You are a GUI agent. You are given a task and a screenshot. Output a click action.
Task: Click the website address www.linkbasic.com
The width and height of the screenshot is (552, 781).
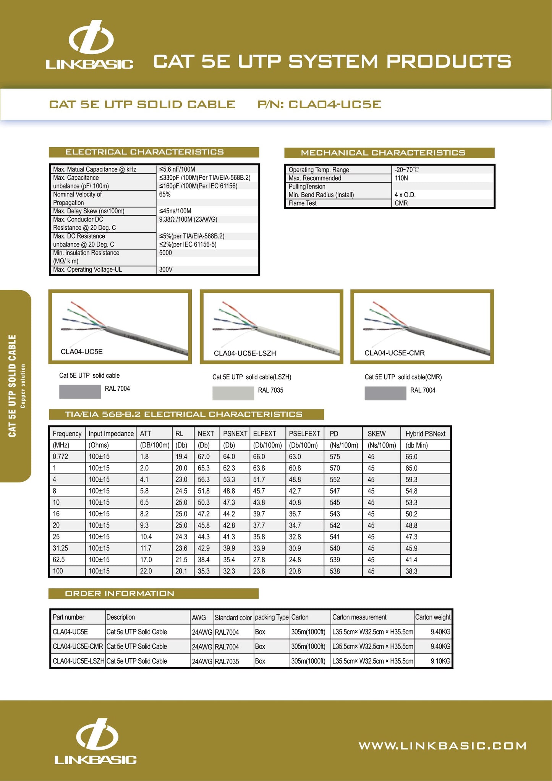(x=442, y=746)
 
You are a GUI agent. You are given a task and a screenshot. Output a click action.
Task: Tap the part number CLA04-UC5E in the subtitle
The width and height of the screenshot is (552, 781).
(x=335, y=104)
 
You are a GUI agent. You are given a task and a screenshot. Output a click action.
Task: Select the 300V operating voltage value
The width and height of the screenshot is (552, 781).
(x=166, y=270)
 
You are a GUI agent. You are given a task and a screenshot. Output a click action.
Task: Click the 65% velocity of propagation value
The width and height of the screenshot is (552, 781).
(x=165, y=194)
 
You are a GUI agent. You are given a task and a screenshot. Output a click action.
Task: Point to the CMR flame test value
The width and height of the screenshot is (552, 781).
(x=401, y=203)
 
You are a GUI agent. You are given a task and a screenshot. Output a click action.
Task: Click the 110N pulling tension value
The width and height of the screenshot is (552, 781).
(x=401, y=178)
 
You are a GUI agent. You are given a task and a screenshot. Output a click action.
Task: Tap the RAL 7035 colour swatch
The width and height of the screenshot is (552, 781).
(x=233, y=393)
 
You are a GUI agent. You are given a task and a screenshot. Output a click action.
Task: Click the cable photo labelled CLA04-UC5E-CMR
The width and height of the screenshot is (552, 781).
(x=422, y=327)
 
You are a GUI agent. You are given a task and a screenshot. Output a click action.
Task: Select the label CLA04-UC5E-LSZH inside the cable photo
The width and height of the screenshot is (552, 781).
(x=245, y=353)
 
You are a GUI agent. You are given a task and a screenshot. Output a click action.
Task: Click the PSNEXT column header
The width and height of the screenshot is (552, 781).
(x=235, y=434)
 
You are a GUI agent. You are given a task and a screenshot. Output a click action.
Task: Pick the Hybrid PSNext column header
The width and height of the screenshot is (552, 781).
(x=425, y=434)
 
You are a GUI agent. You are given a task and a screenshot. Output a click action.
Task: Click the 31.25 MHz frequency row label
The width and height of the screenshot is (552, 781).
(x=60, y=548)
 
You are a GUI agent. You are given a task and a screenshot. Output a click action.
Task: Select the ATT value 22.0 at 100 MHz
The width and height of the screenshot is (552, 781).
(x=146, y=571)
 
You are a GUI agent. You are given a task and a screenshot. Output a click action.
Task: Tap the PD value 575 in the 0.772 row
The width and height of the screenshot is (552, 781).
(x=335, y=456)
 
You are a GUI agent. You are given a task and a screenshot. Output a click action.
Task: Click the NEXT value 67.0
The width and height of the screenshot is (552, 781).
(x=204, y=456)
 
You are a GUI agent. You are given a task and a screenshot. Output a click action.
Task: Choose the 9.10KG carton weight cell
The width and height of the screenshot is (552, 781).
(x=440, y=661)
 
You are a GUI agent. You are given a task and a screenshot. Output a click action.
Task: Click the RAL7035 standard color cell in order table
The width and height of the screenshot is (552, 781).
(x=227, y=661)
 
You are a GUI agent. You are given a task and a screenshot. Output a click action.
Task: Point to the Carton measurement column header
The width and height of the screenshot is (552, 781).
(x=359, y=617)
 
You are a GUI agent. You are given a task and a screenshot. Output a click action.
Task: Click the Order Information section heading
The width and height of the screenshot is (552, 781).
(x=120, y=593)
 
